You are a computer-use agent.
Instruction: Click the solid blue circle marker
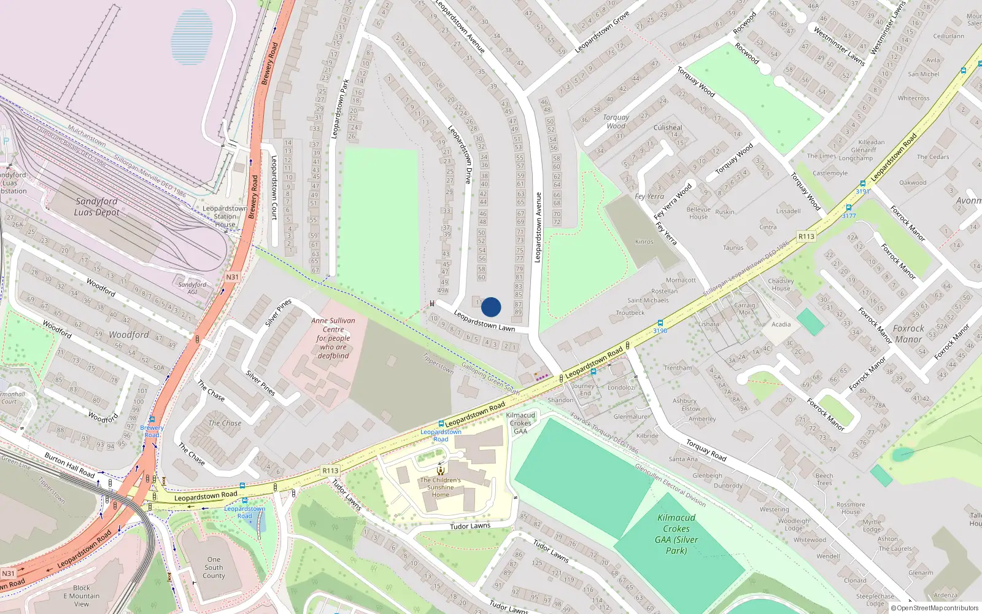[x=491, y=307]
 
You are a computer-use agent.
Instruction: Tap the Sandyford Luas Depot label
[x=96, y=207]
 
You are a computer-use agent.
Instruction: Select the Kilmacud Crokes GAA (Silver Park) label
[x=676, y=534]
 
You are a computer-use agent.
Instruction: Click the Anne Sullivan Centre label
[x=333, y=338]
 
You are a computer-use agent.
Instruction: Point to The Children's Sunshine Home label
[x=440, y=488]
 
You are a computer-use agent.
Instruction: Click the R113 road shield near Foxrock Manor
[x=806, y=236]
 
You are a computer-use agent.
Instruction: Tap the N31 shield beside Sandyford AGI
[x=232, y=277]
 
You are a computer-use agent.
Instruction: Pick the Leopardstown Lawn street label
[x=484, y=321]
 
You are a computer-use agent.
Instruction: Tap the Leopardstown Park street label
[x=340, y=109]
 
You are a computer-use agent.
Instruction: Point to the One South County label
[x=214, y=567]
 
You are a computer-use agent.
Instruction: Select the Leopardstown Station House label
[x=225, y=216]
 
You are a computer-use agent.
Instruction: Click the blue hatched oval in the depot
[x=193, y=37]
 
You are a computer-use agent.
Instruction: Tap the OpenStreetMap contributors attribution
[x=934, y=608]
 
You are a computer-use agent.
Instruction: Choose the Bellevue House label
[x=698, y=213]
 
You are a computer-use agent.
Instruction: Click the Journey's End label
[x=585, y=389]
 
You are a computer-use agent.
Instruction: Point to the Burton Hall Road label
[x=69, y=465]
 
